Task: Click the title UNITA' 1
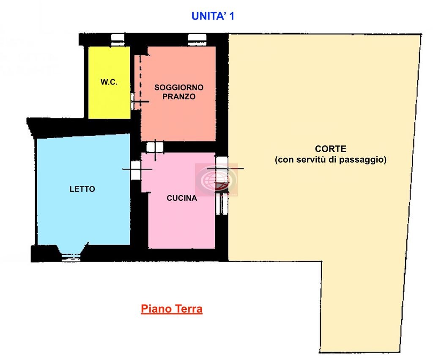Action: pos(213,16)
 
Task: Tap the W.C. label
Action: pos(109,82)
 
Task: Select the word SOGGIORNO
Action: pos(179,87)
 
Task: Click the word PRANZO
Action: pos(179,97)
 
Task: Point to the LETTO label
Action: pos(82,189)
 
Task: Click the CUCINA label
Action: pos(182,198)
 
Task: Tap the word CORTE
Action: pos(331,149)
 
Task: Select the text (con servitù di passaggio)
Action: pos(331,160)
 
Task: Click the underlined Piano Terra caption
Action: pos(172,309)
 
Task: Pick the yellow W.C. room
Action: pos(110,83)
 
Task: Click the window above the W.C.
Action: pos(118,39)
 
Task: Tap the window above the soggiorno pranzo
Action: pos(197,39)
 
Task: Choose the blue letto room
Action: pos(83,190)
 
